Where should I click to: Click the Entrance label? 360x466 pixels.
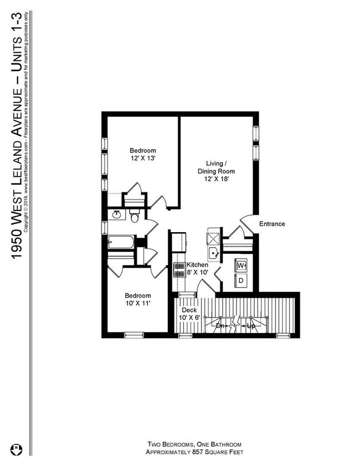(x=272, y=224)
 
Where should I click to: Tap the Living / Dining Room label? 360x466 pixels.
(x=216, y=167)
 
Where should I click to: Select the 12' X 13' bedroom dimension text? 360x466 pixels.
(x=143, y=158)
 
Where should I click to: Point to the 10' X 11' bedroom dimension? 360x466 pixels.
(x=138, y=304)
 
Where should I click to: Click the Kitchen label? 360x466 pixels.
(x=197, y=264)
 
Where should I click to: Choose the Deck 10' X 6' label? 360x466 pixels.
(x=189, y=314)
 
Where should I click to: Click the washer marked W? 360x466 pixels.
(x=241, y=265)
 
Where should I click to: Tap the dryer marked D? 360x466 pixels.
(x=241, y=280)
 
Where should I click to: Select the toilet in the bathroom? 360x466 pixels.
(x=135, y=216)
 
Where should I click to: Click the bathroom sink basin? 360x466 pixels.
(x=116, y=214)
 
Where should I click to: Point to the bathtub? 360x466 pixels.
(x=121, y=242)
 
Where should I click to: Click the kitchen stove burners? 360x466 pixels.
(x=179, y=269)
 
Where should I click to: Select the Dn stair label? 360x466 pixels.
(x=220, y=326)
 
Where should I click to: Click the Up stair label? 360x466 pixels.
(x=251, y=326)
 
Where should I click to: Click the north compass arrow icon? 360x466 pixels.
(x=17, y=450)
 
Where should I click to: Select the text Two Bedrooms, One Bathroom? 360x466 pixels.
(x=194, y=444)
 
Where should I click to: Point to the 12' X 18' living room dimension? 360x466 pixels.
(x=216, y=179)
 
